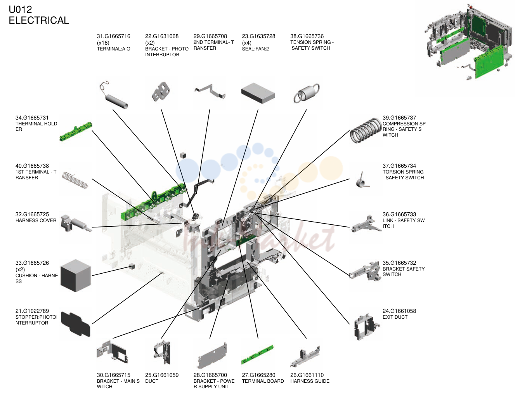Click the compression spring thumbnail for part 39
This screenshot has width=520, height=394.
pos(366,130)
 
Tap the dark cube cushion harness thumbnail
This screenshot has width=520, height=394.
pos(76,276)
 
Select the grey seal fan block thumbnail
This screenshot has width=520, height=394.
pos(258,93)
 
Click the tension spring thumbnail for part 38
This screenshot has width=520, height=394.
pos(307,93)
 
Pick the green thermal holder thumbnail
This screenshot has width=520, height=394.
pos(76,132)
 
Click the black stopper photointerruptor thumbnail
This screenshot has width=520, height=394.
pos(76,324)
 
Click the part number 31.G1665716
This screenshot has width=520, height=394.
pos(113,36)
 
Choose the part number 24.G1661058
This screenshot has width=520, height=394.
pos(399,311)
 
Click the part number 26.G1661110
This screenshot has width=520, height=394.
pos(307,375)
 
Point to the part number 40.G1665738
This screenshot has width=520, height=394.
pos(32,166)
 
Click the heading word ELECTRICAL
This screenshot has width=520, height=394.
pos(39,20)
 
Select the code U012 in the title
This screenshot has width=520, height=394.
pos(21,9)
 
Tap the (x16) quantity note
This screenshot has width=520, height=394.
pos(103,43)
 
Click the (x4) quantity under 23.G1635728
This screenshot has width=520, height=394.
pos(247,43)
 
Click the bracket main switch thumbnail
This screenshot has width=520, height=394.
pos(112,352)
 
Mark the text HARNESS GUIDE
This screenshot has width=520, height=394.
pos(310,381)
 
